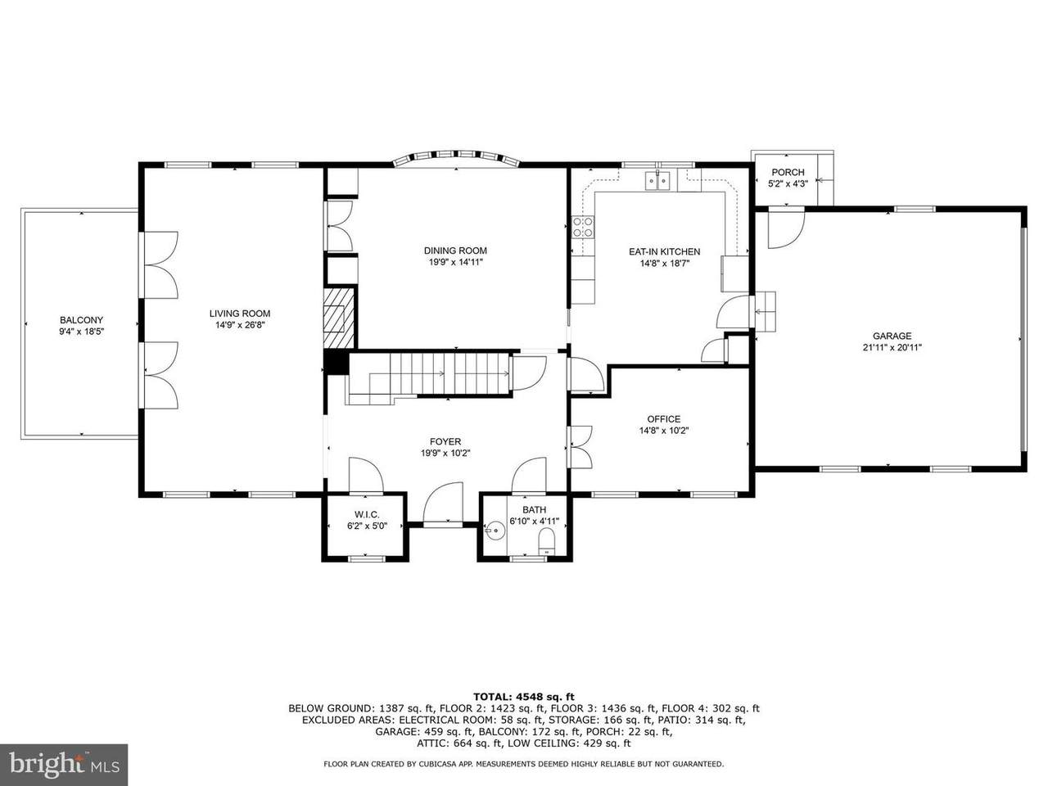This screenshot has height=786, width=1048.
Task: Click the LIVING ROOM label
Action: [240, 314]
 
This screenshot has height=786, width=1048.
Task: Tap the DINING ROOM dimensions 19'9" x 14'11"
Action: [455, 262]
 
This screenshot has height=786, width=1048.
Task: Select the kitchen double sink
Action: [658, 181]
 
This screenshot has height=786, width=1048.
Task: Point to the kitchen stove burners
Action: [583, 227]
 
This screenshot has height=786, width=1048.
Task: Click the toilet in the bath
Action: [547, 543]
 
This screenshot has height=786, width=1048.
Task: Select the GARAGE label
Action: [892, 336]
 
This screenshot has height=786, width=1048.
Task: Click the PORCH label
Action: [788, 172]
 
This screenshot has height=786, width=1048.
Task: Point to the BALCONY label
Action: [82, 320]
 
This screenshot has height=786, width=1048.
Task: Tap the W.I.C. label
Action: [367, 514]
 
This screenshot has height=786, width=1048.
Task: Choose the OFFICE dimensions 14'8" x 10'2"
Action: [664, 431]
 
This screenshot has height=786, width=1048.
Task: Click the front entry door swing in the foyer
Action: [443, 503]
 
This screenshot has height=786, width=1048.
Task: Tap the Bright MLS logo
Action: [64, 764]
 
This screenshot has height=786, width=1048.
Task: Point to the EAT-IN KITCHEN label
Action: [665, 251]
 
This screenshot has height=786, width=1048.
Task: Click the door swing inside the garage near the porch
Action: [786, 230]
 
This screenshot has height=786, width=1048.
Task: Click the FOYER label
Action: [445, 442]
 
